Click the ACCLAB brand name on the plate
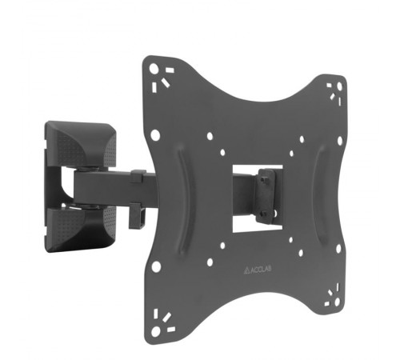[261, 269]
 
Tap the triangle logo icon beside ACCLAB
[246, 271]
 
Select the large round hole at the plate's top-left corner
[154, 69]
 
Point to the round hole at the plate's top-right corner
[339, 86]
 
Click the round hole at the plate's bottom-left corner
[156, 331]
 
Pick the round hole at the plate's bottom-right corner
[337, 302]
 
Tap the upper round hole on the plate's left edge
[155, 135]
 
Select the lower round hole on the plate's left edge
[156, 266]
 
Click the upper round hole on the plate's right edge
[340, 141]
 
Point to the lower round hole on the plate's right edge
[338, 249]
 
